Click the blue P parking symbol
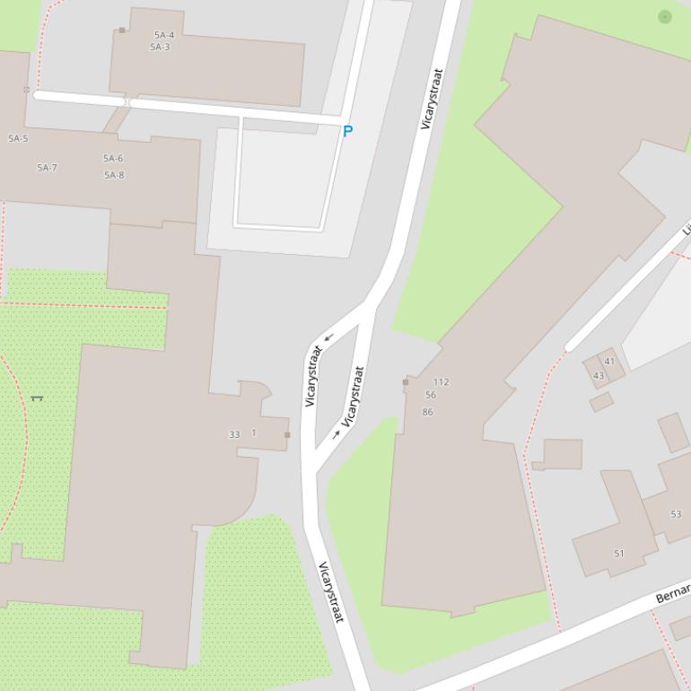coord(347,131)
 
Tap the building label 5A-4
coord(164,36)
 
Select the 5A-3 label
coord(160,48)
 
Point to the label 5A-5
coord(18,139)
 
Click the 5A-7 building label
coord(47,168)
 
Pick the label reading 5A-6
coord(113,159)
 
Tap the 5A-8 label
coord(114,175)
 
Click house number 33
coord(234,434)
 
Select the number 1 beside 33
coord(254,433)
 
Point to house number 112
coord(441,382)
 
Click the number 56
coord(431,395)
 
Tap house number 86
coord(427,413)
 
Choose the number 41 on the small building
coord(610,362)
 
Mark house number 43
coord(599,376)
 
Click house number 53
coord(676,514)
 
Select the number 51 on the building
coord(619,554)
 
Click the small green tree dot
coord(665,16)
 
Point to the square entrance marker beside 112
coord(406,382)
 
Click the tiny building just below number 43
coord(601,402)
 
